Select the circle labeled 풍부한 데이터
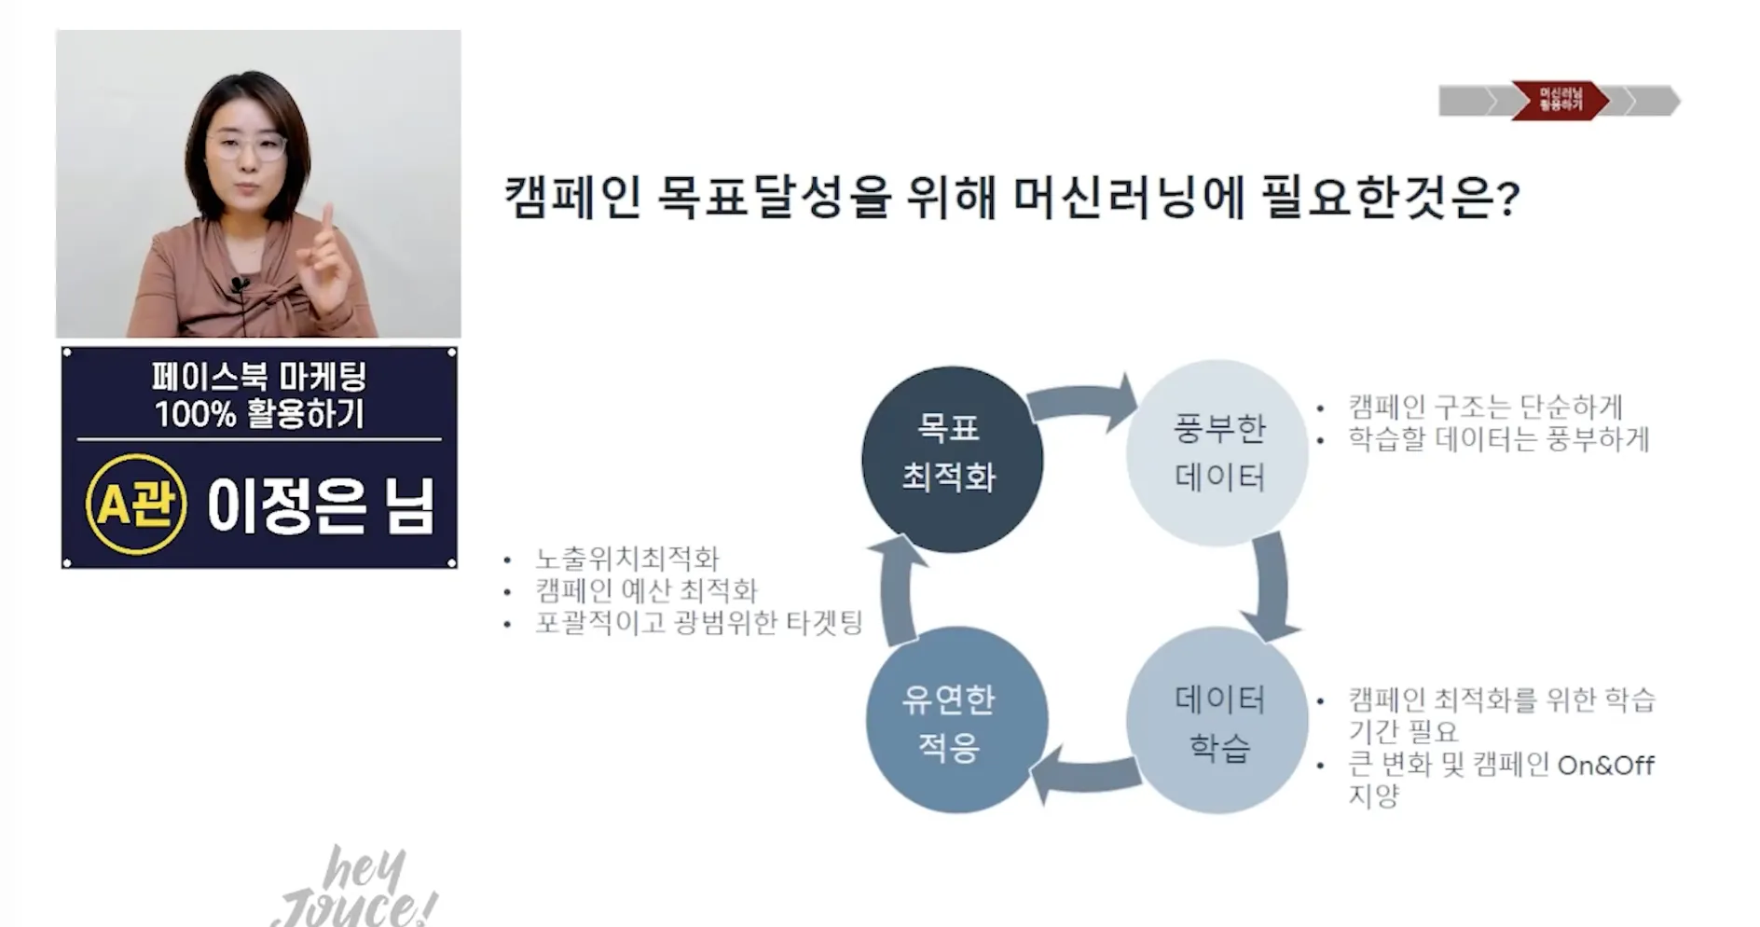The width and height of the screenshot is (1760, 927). coord(1217,453)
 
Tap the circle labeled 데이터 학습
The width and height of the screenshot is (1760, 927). coord(1217,722)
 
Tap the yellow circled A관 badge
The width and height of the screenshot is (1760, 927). coord(136,505)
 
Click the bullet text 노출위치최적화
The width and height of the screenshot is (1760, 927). coord(626,559)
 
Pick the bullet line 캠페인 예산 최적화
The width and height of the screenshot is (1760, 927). coord(646,590)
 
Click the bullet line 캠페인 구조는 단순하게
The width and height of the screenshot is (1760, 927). coord(1485,407)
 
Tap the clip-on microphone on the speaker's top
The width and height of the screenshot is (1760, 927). coord(239,283)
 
